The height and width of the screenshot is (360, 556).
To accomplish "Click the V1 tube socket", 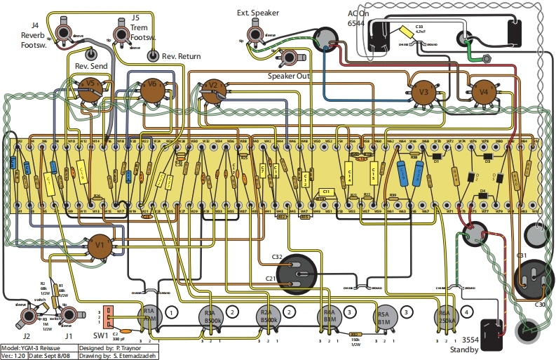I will (100, 246).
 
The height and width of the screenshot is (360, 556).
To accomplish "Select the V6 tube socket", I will (149, 90).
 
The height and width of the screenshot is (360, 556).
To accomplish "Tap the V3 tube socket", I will (423, 92).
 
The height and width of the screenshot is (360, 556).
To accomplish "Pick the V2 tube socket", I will (213, 90).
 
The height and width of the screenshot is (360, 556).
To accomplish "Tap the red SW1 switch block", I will (108, 317).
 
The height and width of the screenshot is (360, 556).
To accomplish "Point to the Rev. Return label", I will (181, 55).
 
